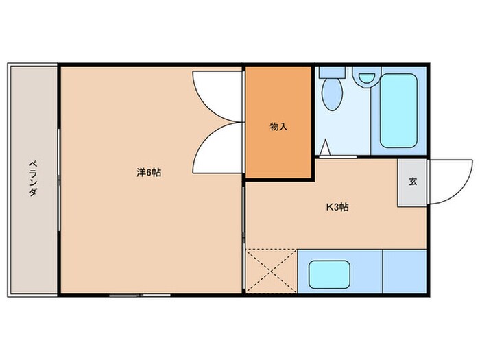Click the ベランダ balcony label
32,178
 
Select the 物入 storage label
278,127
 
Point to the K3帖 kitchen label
337,206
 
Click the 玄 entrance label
413,182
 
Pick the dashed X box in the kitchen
271,272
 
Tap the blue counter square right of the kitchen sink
405,272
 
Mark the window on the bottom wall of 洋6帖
141,296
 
